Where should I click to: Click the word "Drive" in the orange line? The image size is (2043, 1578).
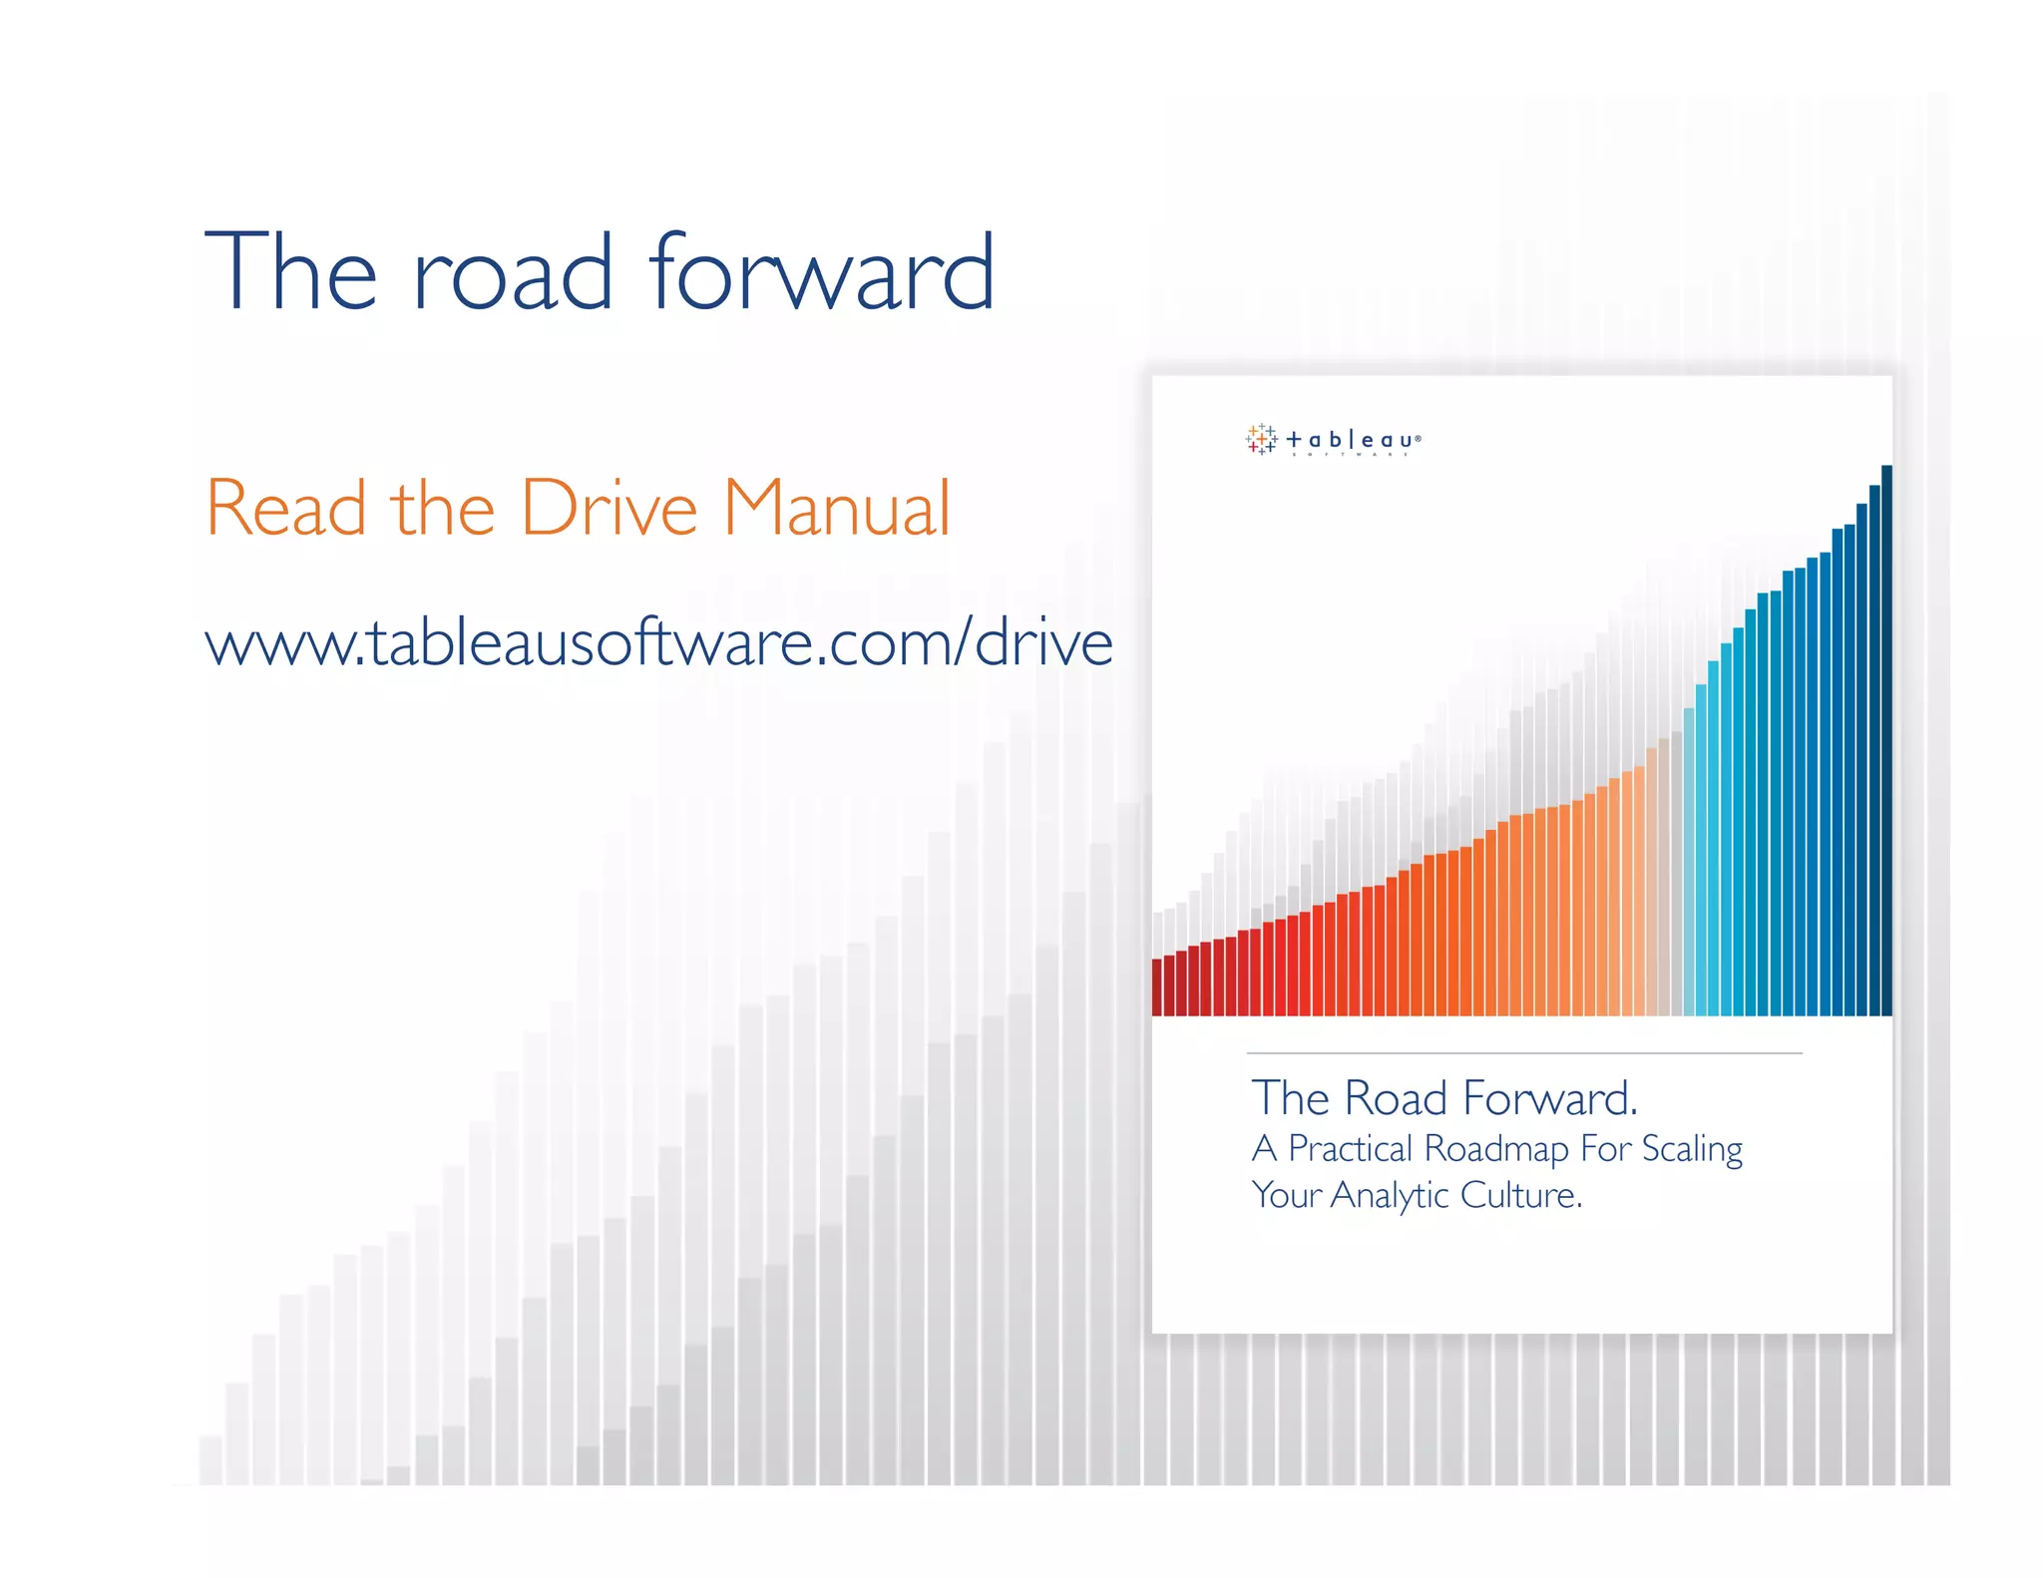pyautogui.click(x=609, y=509)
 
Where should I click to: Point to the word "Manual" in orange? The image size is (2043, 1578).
pyautogui.click(x=836, y=509)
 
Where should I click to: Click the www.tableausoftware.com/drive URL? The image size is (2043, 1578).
pyautogui.click(x=658, y=643)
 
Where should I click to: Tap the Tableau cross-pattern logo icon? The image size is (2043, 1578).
pyautogui.click(x=1261, y=439)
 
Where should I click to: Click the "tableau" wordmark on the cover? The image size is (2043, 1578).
pyautogui.click(x=1353, y=440)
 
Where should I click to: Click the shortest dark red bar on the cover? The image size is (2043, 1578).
pyautogui.click(x=1157, y=986)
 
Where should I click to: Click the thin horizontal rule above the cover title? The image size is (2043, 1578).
pyautogui.click(x=1524, y=1053)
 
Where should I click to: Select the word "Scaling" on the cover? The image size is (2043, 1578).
pyautogui.click(x=1692, y=1149)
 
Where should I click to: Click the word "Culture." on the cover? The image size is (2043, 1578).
pyautogui.click(x=1521, y=1195)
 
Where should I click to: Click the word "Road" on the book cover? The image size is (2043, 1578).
pyautogui.click(x=1396, y=1099)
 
